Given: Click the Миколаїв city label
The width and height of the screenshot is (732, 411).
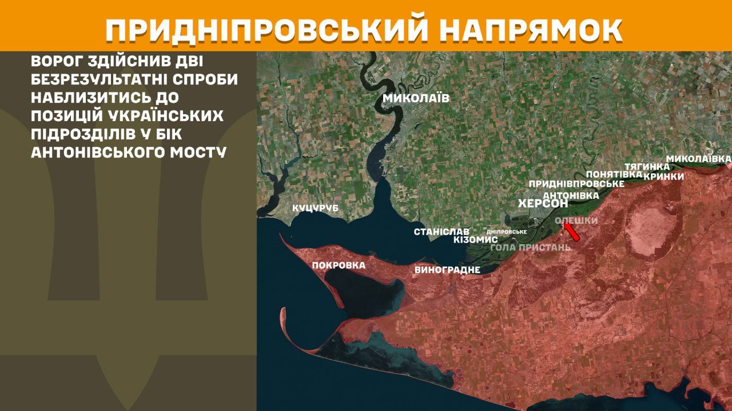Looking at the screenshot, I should pos(416,98).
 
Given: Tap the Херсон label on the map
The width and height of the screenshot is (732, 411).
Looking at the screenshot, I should pos(543,204).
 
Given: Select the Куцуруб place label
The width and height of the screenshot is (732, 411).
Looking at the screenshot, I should pos(315,208).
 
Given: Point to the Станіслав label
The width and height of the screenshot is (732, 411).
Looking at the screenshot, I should pos(441,232).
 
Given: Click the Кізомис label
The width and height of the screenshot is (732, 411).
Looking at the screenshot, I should pos(475,240).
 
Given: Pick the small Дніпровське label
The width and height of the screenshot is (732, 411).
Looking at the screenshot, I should pos(506,232).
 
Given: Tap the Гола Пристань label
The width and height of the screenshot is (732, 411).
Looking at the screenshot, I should pos(531,247).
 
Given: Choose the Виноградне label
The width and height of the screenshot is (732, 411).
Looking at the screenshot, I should pos(447,269).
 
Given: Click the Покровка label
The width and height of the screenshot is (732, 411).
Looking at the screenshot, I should pos(339,265).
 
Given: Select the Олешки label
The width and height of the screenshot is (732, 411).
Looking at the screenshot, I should pos(576,220).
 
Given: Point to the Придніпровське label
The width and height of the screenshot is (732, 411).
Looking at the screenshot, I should pos(576,184).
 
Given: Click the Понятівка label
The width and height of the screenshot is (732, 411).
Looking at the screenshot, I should pos(610,174).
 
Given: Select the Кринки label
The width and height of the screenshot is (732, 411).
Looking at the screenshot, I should pos(663,176).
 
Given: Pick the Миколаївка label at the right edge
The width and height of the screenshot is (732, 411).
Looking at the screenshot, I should pos(699,158).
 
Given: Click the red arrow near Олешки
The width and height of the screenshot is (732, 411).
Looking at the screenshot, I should pos(571,232).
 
